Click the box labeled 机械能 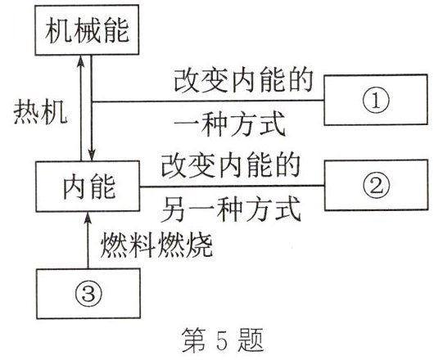click(84, 34)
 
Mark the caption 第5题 click(222, 336)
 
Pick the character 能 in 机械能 click(117, 34)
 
